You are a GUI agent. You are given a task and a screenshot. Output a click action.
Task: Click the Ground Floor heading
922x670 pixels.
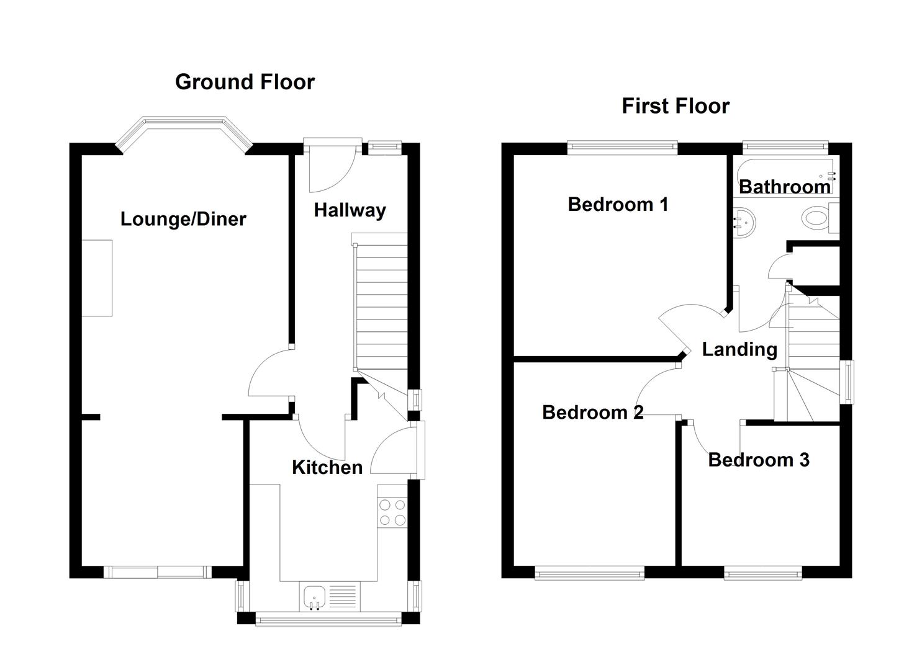click(245, 82)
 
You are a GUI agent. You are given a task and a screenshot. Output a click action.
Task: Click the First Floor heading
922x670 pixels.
click(675, 106)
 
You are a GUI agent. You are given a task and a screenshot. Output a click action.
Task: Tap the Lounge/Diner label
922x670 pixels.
click(183, 219)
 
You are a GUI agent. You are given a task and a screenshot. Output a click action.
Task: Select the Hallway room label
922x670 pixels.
click(350, 210)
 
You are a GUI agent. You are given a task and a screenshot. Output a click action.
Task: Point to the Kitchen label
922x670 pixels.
click(327, 467)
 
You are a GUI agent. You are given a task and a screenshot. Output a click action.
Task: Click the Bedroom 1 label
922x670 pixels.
click(618, 204)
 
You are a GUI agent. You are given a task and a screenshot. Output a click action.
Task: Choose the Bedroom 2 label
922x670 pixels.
click(592, 412)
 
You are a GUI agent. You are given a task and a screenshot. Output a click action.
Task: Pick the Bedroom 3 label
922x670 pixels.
click(758, 460)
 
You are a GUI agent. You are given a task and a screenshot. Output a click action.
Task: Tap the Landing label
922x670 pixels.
click(739, 349)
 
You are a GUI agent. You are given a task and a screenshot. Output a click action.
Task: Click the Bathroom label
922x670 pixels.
click(784, 186)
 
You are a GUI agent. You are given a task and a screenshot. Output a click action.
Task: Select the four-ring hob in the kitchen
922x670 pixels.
click(392, 512)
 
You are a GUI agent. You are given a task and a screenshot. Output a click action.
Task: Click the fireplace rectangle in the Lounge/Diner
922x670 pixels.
click(97, 278)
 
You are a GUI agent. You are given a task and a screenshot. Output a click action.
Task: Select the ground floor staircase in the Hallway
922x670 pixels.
click(380, 304)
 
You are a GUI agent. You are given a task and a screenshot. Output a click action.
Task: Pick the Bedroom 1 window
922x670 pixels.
click(623, 147)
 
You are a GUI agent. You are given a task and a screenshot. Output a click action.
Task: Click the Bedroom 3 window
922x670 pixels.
click(762, 574)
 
